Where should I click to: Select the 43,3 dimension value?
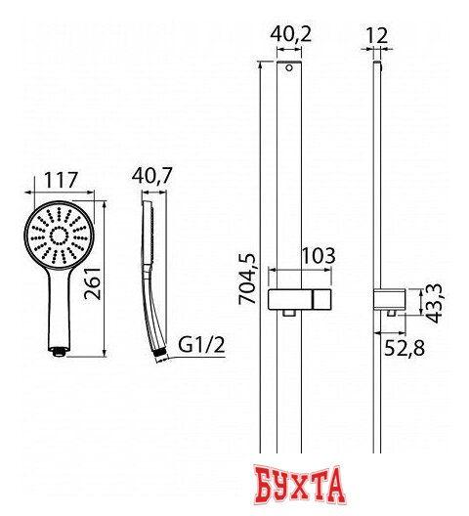tap(437, 296)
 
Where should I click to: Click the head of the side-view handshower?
tap(149, 235)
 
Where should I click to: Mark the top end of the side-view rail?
tap(375, 67)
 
